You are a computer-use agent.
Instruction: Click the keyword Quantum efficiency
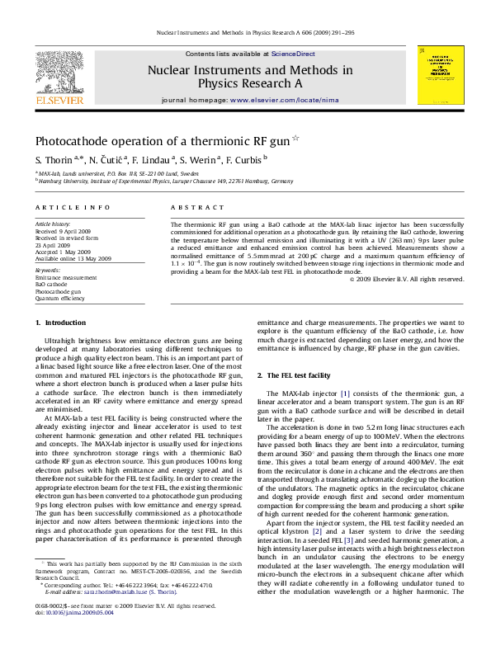[x=59, y=299]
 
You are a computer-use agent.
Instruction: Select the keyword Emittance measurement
[x=65, y=278]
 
